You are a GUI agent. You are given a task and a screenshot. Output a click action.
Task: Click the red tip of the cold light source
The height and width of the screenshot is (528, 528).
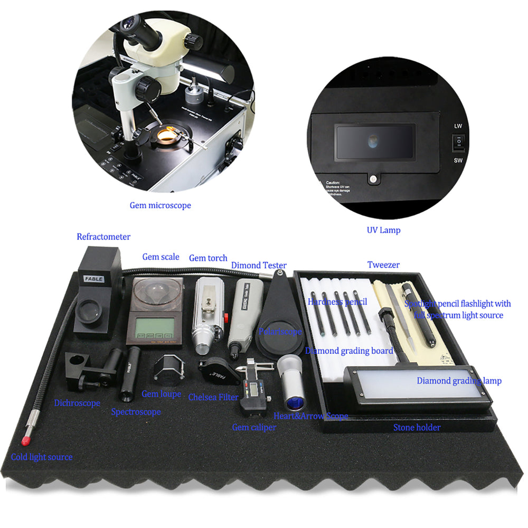(x=25, y=441)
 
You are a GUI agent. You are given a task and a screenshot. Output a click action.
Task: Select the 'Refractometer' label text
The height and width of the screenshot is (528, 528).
(x=103, y=237)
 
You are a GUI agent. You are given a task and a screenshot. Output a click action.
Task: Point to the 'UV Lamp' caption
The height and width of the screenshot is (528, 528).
(x=383, y=230)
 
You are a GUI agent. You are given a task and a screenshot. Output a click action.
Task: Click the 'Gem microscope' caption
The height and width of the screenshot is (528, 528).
(x=161, y=205)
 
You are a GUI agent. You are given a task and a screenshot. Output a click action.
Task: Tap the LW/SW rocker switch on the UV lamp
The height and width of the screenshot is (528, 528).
(x=458, y=142)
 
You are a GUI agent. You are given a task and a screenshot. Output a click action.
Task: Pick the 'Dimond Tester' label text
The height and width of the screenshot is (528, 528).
(x=259, y=266)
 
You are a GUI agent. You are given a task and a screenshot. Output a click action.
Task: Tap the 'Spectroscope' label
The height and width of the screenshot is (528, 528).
(x=136, y=412)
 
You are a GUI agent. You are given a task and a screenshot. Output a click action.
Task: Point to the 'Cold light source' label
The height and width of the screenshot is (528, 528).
(x=42, y=457)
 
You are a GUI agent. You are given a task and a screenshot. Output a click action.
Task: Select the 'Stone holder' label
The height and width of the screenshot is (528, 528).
(x=417, y=428)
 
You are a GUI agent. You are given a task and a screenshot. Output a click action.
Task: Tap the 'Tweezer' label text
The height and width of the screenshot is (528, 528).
(x=383, y=265)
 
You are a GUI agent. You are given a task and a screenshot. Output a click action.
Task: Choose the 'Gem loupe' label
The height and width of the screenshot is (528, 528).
(x=162, y=394)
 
